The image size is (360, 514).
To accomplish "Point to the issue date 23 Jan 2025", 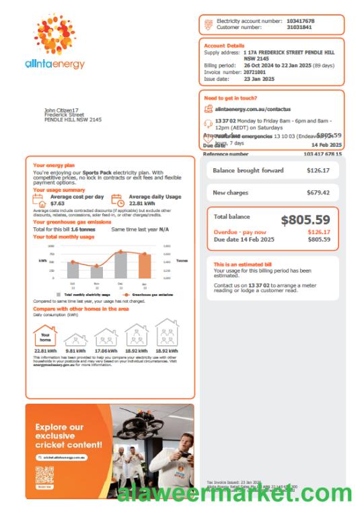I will click(x=241, y=79).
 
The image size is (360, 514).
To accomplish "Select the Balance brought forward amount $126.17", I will click(x=318, y=171).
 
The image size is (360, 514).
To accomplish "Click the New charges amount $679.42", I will click(x=318, y=192).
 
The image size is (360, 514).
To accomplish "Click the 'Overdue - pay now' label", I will click(x=234, y=232).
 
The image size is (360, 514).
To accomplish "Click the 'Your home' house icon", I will click(x=45, y=335).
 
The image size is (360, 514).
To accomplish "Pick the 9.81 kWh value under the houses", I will click(x=75, y=351).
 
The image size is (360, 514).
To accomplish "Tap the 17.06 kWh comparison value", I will click(x=106, y=351).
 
